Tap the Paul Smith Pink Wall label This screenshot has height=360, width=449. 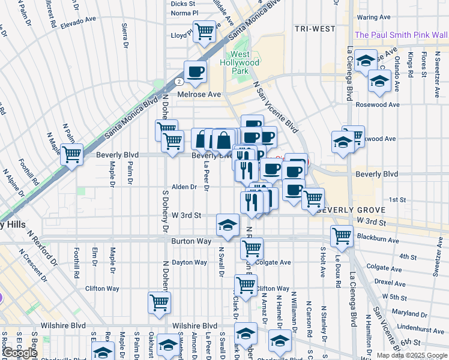pos(401,35)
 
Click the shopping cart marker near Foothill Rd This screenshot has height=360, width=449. pos(71,155)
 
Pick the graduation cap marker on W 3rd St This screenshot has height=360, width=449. pos(228,225)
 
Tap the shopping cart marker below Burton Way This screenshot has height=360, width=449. pos(252,247)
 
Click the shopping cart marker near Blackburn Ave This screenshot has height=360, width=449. pos(342,235)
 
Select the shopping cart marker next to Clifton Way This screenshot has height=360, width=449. pos(246,284)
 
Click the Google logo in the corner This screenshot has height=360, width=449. pos(19,353)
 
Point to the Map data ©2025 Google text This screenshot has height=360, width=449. pos(411,355)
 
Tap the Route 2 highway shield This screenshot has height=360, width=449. pos(179,80)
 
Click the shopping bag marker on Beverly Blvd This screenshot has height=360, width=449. pos(223,140)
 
